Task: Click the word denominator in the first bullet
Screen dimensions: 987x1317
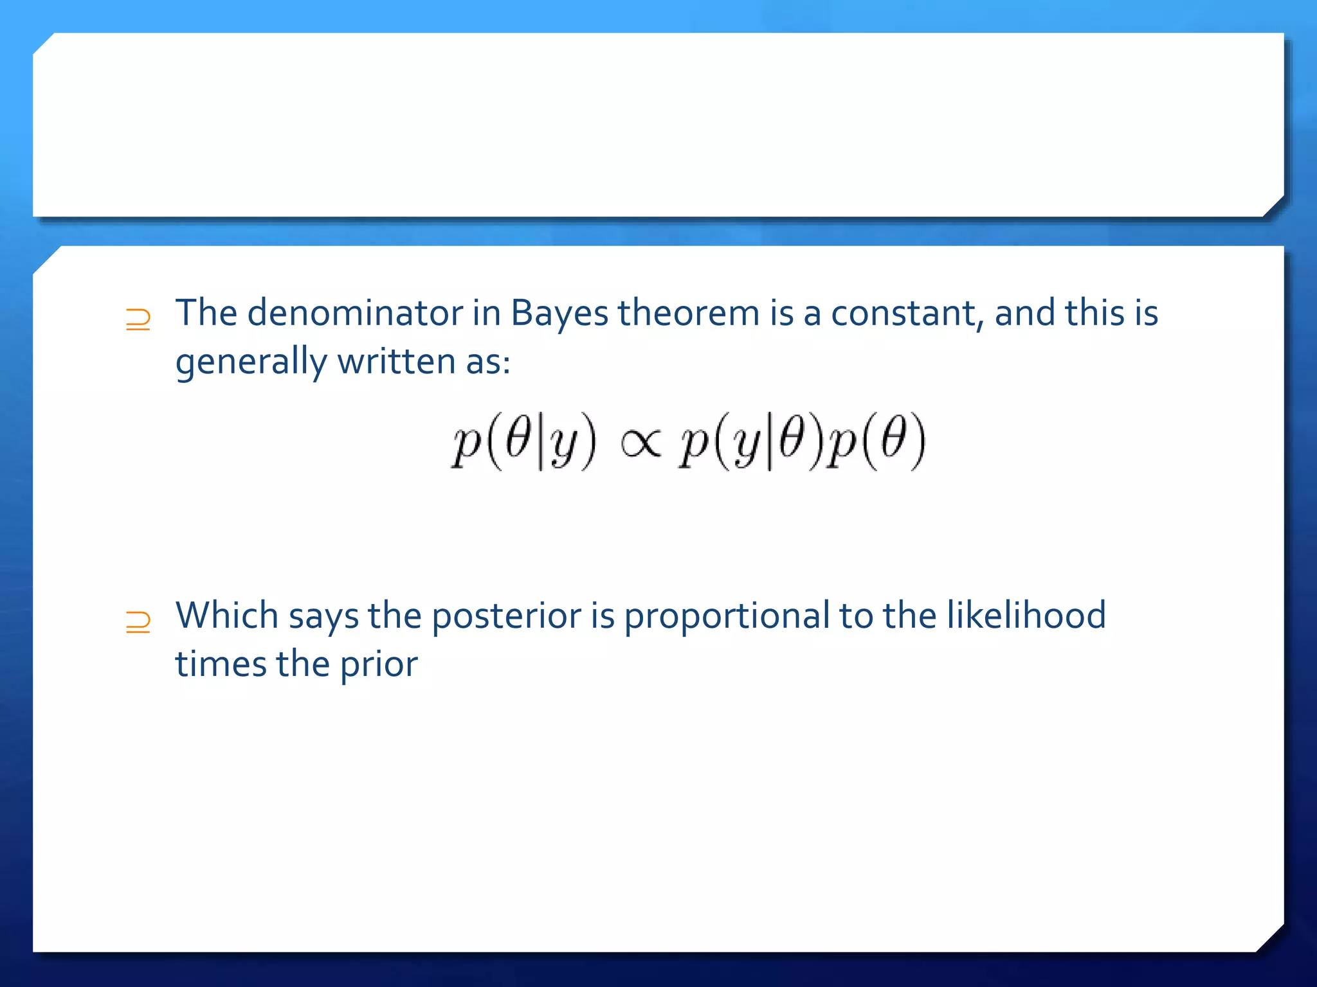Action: [355, 314]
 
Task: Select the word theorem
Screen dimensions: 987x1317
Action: [689, 314]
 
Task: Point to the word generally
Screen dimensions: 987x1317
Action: [250, 362]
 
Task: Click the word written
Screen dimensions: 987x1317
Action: [397, 361]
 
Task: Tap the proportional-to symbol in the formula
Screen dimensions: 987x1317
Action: [640, 443]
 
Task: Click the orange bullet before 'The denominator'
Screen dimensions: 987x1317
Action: [138, 319]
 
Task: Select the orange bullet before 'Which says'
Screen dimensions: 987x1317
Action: [138, 622]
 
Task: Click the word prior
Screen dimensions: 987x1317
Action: [379, 664]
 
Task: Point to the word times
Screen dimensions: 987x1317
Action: [221, 664]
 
